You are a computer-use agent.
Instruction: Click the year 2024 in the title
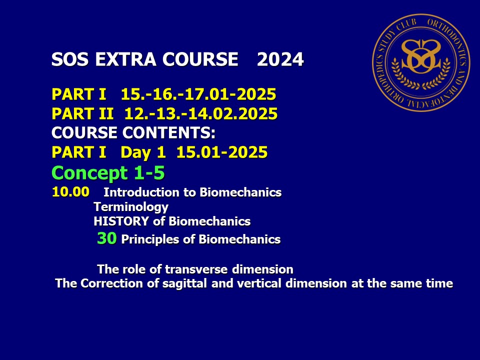pyautogui.click(x=280, y=59)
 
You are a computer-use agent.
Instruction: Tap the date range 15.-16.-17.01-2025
pyautogui.click(x=198, y=94)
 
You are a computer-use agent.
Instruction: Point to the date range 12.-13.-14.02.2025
pyautogui.click(x=201, y=113)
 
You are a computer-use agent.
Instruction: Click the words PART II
pyautogui.click(x=82, y=113)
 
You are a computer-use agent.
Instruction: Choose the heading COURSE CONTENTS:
pyautogui.click(x=133, y=132)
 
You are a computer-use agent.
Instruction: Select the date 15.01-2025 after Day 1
pyautogui.click(x=222, y=152)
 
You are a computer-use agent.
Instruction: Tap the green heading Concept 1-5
pyautogui.click(x=108, y=173)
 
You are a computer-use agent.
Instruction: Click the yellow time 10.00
pyautogui.click(x=70, y=192)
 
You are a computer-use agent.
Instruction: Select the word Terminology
pyautogui.click(x=131, y=207)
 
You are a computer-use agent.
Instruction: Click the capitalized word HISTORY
pyautogui.click(x=121, y=221)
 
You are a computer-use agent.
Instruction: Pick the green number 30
pyautogui.click(x=107, y=238)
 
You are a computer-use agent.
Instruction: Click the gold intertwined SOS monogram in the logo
pyautogui.click(x=421, y=57)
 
